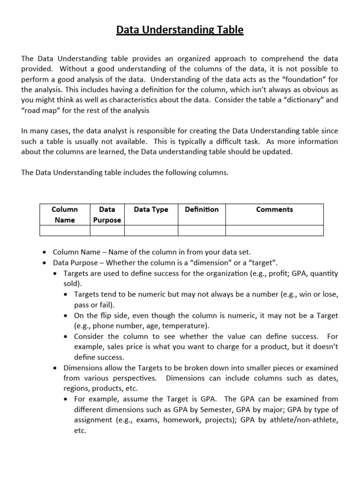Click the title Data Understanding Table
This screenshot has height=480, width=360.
[180, 30]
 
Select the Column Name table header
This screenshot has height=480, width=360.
[65, 214]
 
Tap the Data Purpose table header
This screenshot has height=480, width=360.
[107, 214]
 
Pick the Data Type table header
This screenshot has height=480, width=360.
[151, 210]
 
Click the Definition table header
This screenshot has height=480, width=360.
[202, 210]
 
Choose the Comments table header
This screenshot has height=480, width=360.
[274, 210]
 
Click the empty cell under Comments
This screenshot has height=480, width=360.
[274, 230]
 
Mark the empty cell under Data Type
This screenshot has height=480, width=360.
[151, 230]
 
